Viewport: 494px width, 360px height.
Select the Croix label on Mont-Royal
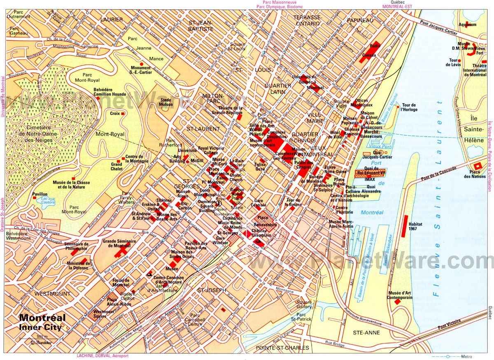(115, 113)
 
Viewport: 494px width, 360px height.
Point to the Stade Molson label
(166, 102)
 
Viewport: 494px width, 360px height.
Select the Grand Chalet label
(117, 166)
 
